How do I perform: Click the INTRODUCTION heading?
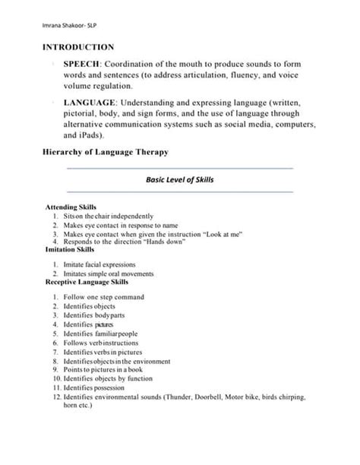(78, 47)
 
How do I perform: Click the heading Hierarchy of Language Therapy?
(105, 152)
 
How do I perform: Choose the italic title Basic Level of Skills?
(179, 179)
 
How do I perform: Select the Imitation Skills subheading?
(71, 248)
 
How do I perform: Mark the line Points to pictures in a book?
(107, 369)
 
